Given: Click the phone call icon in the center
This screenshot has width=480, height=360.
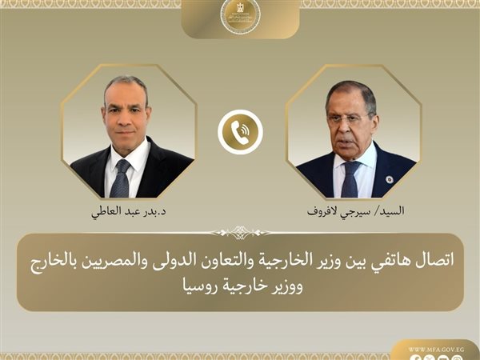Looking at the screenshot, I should pyautogui.click(x=240, y=133).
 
